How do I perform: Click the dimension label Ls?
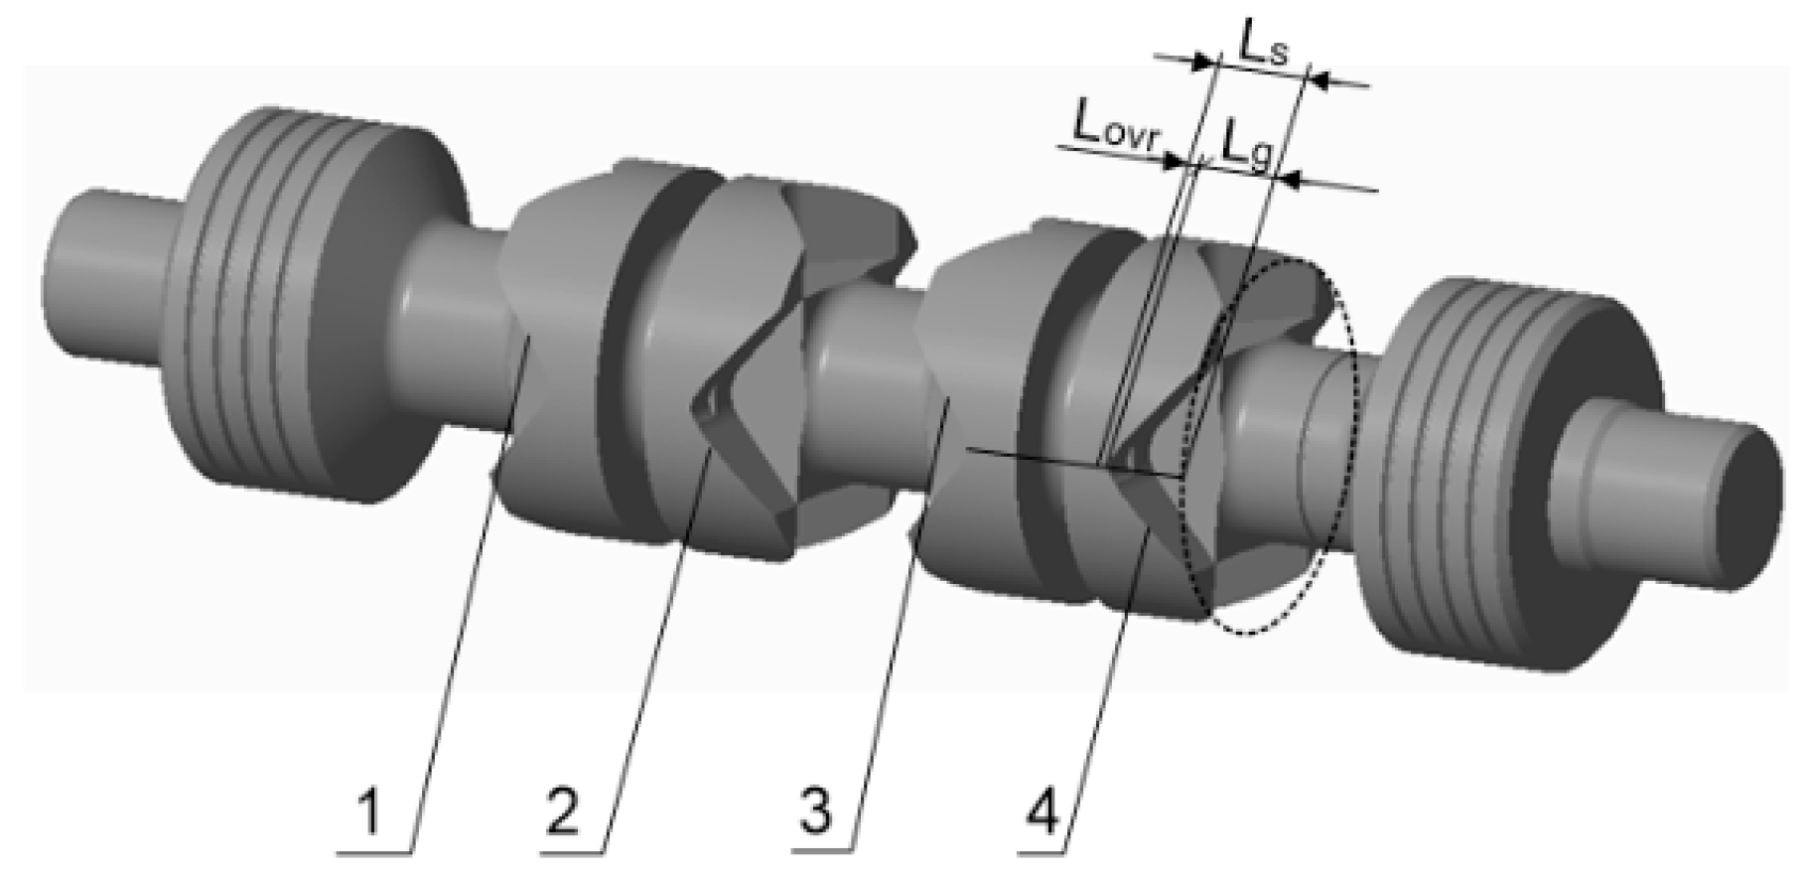pos(1262,44)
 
